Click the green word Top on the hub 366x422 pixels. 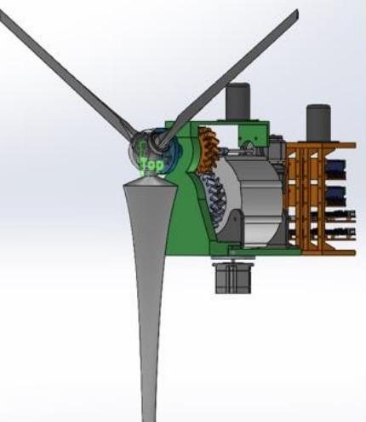[152, 165]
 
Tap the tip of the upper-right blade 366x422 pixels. [297, 11]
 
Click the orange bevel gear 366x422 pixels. [209, 149]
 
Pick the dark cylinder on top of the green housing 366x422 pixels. [237, 101]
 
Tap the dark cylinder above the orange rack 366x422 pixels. [318, 124]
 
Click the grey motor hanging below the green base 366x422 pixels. [233, 278]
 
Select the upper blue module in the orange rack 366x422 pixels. [335, 170]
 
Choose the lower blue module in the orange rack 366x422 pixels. [335, 196]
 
